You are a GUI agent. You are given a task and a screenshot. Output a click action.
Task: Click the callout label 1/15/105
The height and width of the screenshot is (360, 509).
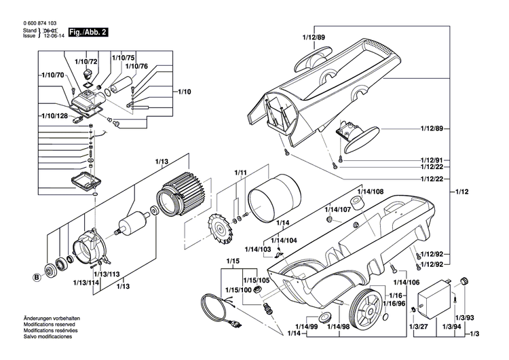pyautogui.click(x=257, y=279)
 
